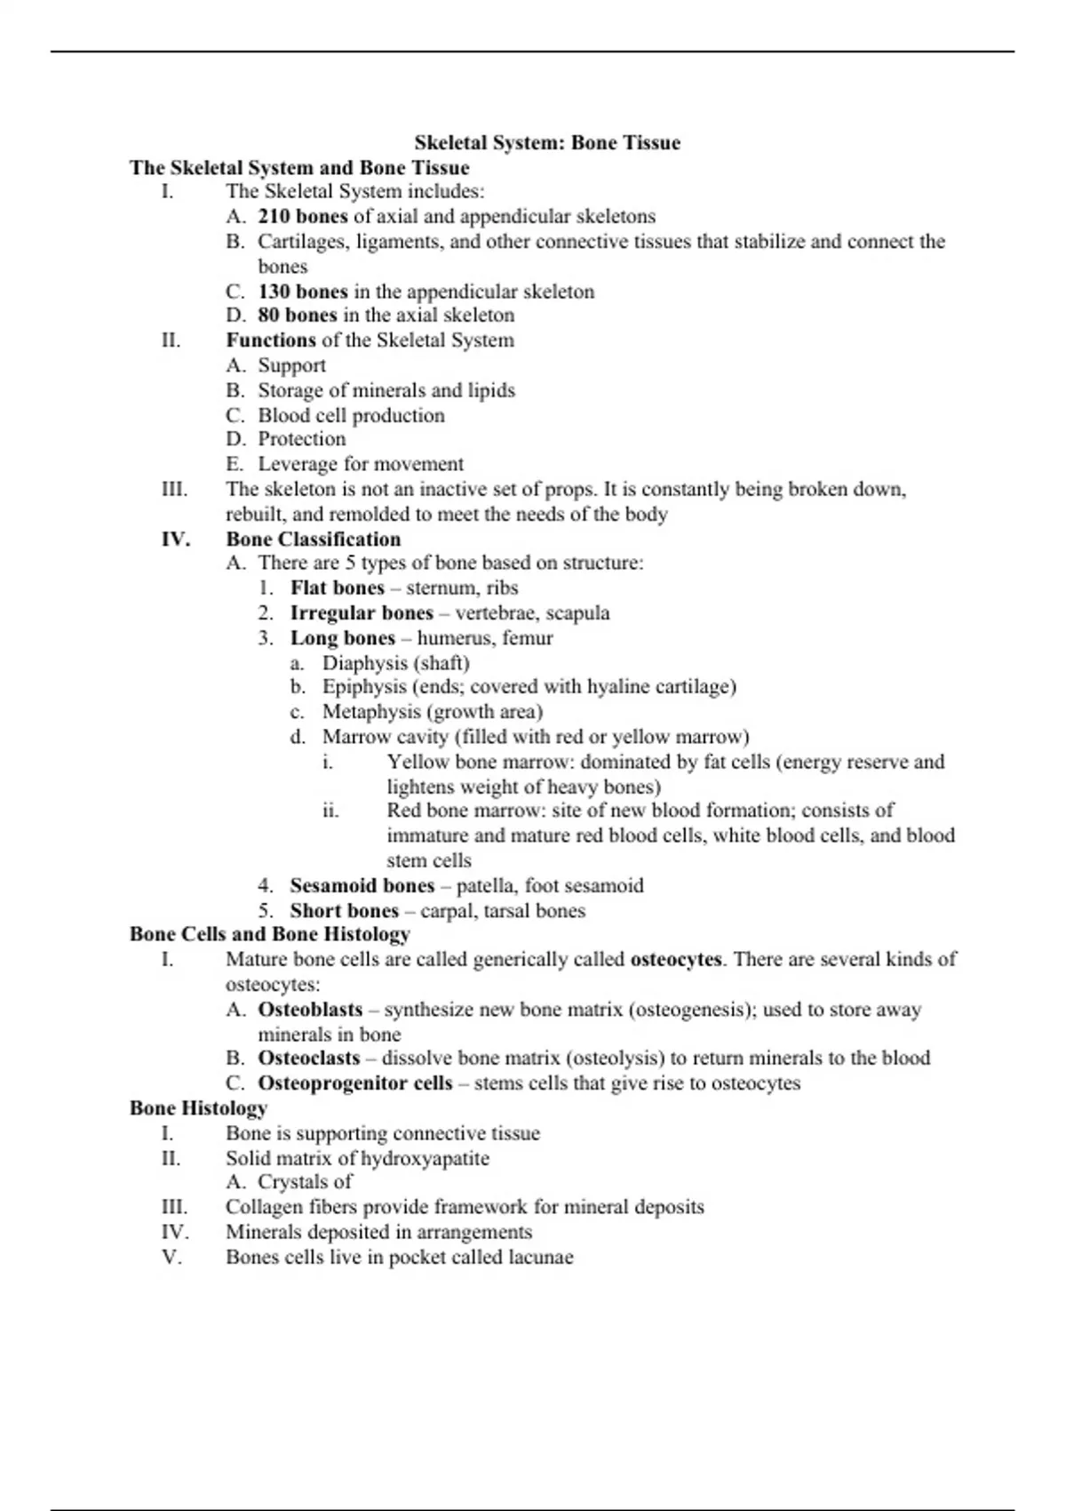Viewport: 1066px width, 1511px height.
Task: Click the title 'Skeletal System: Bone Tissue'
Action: [547, 143]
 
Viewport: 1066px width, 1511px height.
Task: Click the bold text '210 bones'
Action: [303, 216]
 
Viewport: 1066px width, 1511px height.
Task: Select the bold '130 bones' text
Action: [303, 292]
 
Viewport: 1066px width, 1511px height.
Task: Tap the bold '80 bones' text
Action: [298, 315]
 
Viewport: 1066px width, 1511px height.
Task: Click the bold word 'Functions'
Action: [271, 340]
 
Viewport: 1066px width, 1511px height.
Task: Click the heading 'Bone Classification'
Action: [313, 539]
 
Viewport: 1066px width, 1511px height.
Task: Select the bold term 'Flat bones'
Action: [338, 588]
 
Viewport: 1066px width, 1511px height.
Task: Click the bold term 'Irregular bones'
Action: [362, 612]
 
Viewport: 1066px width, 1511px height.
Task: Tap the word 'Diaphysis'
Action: [365, 663]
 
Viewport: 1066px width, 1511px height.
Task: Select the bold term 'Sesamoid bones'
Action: [362, 885]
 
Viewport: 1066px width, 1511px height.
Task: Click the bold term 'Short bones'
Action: [345, 910]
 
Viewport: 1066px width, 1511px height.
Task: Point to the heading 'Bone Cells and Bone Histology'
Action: [270, 934]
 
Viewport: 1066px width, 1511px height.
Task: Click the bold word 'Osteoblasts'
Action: [310, 1010]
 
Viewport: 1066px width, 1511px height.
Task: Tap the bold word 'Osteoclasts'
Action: [309, 1058]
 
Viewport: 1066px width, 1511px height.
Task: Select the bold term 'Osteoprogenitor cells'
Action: [355, 1083]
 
